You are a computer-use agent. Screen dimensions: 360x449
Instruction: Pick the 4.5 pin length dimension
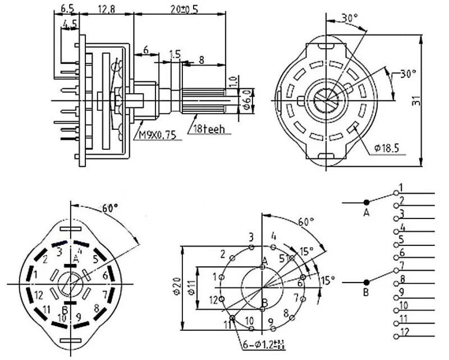pos(70,24)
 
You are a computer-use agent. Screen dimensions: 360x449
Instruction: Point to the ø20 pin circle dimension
pos(176,288)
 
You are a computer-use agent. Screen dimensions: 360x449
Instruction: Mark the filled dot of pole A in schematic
pos(366,202)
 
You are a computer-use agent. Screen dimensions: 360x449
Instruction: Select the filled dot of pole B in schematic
pos(366,282)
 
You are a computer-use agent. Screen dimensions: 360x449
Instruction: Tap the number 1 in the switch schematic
pos(401,187)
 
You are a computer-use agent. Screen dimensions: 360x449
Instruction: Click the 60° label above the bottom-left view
pos(109,207)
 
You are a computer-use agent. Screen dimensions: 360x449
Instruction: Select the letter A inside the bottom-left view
pos(77,259)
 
